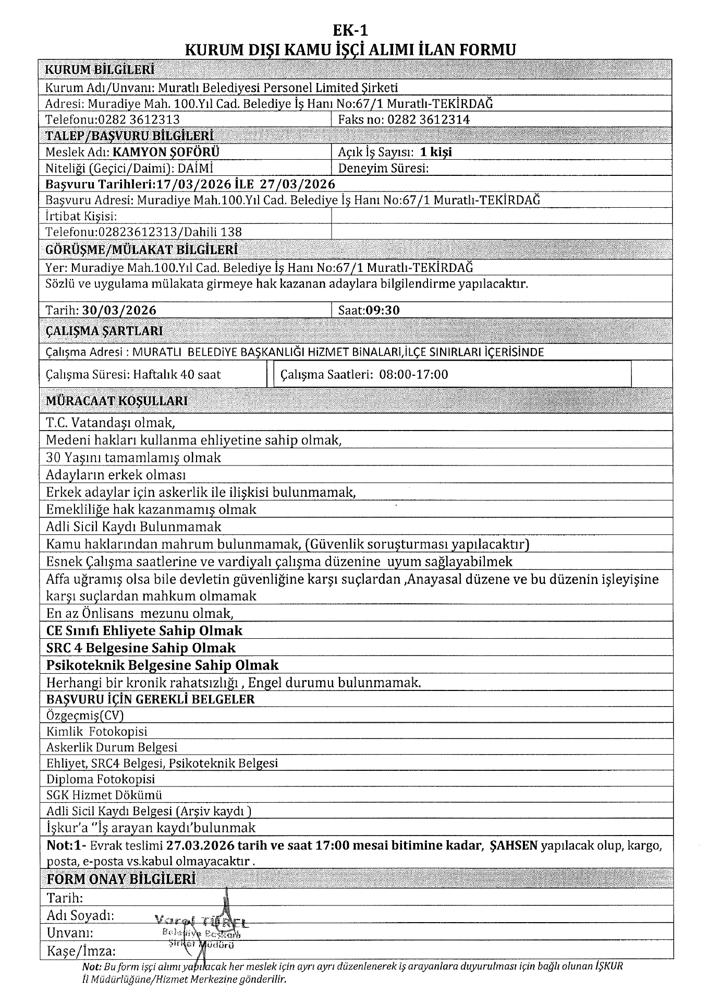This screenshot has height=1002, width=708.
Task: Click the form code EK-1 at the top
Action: click(353, 30)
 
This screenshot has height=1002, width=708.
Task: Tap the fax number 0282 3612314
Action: click(427, 120)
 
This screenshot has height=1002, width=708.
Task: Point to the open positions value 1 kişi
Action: click(436, 152)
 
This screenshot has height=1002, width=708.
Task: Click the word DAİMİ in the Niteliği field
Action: click(196, 168)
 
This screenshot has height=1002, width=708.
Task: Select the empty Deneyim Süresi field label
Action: click(383, 168)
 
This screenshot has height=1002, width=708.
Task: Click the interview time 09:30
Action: click(383, 310)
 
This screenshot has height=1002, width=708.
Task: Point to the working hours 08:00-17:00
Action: click(414, 374)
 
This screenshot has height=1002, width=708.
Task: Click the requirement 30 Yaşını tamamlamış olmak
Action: click(133, 458)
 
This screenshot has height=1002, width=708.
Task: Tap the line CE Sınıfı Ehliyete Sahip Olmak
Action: click(144, 630)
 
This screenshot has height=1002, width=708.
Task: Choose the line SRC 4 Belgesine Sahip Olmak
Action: click(141, 648)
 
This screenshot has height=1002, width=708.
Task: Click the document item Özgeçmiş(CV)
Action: click(85, 715)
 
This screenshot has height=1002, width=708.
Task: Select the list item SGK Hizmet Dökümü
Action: click(104, 795)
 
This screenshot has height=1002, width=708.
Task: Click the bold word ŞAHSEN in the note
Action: click(514, 845)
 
